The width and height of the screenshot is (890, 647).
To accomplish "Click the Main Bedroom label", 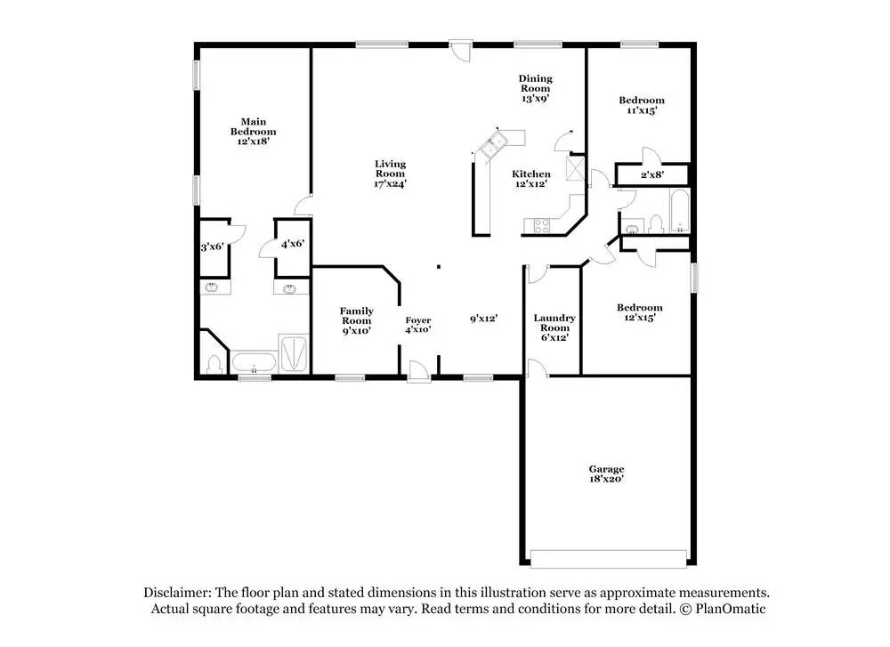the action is coord(253,126).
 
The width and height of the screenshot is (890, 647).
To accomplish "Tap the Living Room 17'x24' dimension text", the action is coord(390,184).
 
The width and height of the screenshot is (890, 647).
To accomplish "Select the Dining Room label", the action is coord(535,83).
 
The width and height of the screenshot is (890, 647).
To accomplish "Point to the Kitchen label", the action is coord(531,174).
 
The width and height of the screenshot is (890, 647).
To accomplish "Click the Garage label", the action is coord(606,469).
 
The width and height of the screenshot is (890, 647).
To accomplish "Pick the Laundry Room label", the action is coord(554,322).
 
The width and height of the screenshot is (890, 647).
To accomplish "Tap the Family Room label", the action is coord(357,316).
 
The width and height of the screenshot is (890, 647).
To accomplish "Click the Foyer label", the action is coord(417,320).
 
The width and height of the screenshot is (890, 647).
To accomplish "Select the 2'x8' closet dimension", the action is coord(652,174).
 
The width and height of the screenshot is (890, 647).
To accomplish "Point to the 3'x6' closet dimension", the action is coord(213,247).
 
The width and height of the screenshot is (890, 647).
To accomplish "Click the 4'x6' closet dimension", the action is coord(293,244).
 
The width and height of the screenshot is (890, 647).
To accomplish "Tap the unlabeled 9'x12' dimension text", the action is coord(483,319).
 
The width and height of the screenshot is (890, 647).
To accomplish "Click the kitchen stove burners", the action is coord(537,226).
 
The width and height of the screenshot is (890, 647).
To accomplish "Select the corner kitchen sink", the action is coord(491,145).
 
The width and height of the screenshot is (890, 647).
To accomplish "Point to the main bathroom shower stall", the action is coord(294,353).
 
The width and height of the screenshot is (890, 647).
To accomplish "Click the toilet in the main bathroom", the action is coord(214,364).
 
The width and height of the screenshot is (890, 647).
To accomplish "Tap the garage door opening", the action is coord(609,559).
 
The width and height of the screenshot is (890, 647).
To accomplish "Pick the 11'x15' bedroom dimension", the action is coord(642,110).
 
